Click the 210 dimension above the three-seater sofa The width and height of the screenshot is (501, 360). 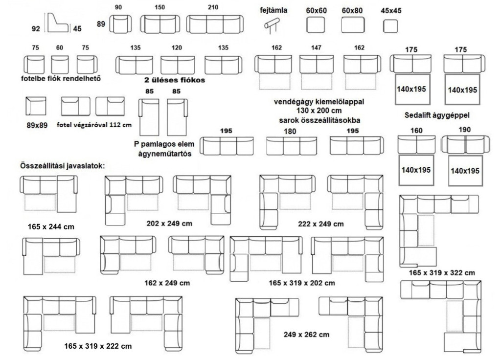pos(213,7)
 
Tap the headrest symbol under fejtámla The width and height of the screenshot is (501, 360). pos(272,25)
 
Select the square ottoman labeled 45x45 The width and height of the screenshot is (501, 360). pos(390,26)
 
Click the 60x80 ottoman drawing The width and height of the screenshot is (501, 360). pos(353,25)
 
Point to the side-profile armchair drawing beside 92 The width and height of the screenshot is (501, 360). pos(58,22)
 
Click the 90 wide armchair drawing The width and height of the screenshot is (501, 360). pos(120,24)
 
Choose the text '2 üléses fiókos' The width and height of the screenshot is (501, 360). pos(175,80)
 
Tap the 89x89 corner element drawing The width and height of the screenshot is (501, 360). pos(36,106)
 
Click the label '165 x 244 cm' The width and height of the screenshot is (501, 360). pos(51,227)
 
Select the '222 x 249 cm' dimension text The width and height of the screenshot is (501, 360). pos(321,224)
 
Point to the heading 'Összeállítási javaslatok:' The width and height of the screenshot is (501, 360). pos(62,166)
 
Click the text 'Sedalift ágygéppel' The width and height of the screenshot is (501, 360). pos(437,115)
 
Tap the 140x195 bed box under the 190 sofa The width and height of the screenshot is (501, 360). pos(465,171)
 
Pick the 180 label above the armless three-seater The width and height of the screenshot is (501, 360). pos(290,131)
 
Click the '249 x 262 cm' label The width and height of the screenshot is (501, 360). pos(306,335)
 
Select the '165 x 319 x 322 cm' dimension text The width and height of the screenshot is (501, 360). pos(442,273)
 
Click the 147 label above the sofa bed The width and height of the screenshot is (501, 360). pos(316,47)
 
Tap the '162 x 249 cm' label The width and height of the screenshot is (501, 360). pos(167,283)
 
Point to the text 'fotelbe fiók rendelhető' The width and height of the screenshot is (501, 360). pos(61,78)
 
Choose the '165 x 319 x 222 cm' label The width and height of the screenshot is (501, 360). pos(98,346)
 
